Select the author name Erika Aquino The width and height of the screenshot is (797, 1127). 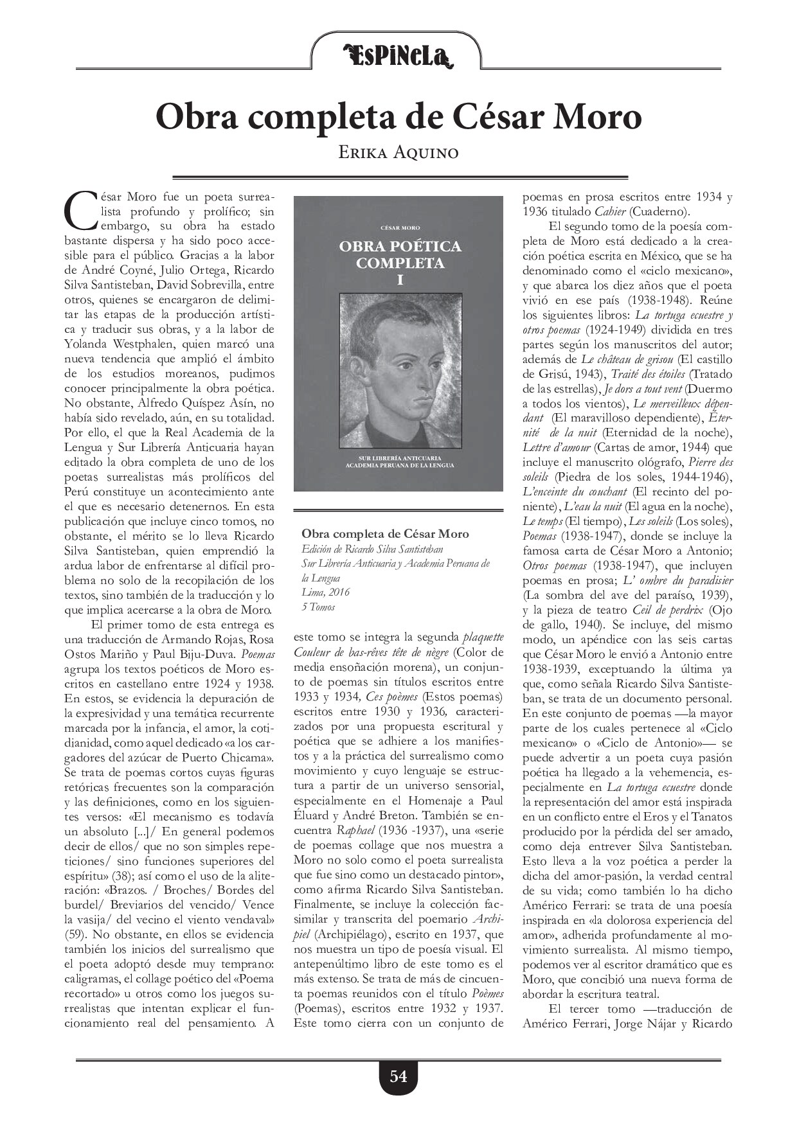(x=398, y=153)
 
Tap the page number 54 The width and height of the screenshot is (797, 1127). (x=398, y=1076)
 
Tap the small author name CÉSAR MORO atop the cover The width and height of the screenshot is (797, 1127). (x=399, y=227)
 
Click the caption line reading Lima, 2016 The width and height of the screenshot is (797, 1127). (x=326, y=592)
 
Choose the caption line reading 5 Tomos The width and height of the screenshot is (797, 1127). (x=318, y=607)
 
